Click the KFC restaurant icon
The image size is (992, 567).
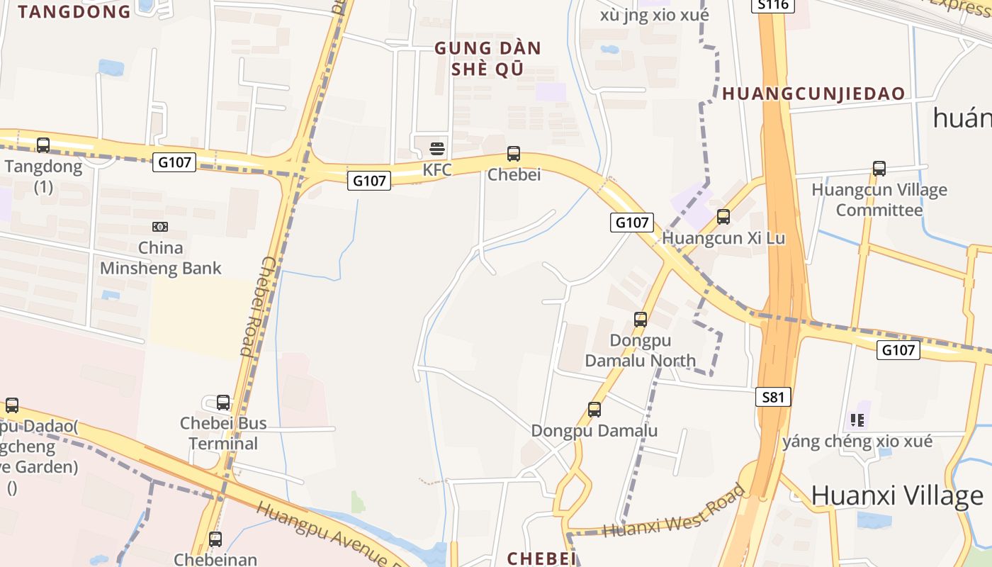(x=437, y=149)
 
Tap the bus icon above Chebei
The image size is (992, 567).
(x=514, y=153)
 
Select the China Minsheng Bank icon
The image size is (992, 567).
(x=160, y=227)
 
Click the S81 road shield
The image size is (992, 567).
(x=773, y=397)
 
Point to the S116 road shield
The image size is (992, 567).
(x=773, y=5)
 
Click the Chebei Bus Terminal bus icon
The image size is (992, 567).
(x=223, y=403)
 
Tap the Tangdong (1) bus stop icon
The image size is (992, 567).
(x=43, y=145)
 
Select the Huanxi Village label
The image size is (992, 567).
(x=897, y=495)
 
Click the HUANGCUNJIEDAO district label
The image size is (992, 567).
(x=813, y=94)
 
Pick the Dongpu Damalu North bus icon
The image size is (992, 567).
(x=641, y=320)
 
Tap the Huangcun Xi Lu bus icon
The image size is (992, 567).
(x=723, y=217)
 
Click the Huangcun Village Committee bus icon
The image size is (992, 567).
(x=879, y=169)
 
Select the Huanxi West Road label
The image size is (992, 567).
(x=675, y=512)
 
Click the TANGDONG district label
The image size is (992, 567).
(x=74, y=11)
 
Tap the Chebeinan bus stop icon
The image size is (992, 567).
(x=215, y=539)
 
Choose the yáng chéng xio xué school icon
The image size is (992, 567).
(x=857, y=421)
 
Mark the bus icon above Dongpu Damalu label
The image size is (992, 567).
(x=594, y=410)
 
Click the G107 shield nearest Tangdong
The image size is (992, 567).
(x=174, y=162)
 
